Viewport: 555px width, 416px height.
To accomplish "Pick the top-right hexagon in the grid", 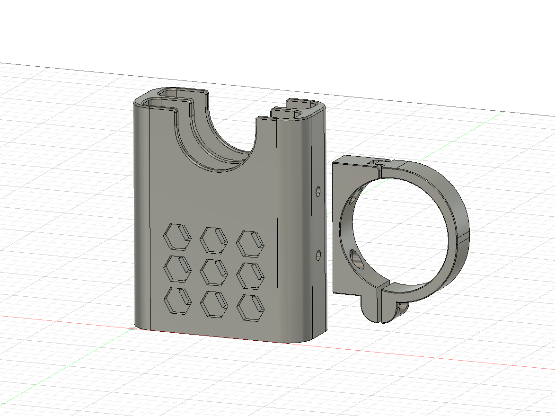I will (x=250, y=243).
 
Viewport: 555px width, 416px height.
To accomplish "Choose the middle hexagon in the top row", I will (x=213, y=239).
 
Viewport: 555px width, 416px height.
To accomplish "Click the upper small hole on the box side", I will (x=318, y=191).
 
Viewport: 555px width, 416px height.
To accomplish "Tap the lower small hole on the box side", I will (x=318, y=256).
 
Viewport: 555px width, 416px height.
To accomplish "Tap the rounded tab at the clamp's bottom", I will (x=374, y=310).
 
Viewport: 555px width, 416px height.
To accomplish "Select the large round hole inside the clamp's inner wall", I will (x=355, y=258).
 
